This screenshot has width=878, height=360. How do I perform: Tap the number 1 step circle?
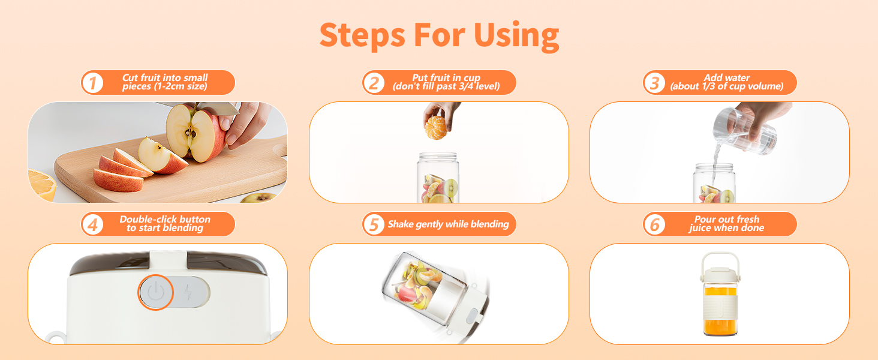(x=92, y=83)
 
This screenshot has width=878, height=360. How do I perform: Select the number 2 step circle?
(x=374, y=83)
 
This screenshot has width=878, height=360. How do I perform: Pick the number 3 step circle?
(x=654, y=83)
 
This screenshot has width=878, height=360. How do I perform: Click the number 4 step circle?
(x=92, y=225)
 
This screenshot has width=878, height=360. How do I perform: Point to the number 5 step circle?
(x=374, y=225)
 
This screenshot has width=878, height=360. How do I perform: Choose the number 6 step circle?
(x=654, y=225)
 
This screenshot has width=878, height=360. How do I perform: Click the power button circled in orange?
(x=155, y=292)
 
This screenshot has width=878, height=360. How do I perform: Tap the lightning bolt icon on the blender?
(x=189, y=292)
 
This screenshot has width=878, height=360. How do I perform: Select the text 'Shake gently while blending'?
(x=448, y=224)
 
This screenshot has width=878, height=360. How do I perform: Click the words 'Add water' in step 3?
(x=726, y=78)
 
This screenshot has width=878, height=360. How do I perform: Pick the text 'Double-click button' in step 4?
(x=165, y=220)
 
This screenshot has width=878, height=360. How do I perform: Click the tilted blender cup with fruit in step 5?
(x=420, y=288)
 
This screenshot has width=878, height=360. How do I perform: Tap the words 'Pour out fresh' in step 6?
(x=726, y=220)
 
